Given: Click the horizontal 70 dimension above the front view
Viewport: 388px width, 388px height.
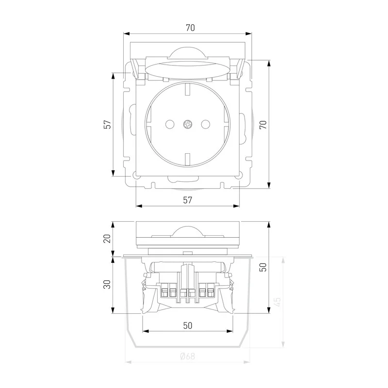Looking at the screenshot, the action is [x=190, y=28].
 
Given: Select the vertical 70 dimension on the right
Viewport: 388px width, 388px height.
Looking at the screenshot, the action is [x=263, y=125].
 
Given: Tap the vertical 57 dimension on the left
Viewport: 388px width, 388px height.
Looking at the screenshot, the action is [x=107, y=125].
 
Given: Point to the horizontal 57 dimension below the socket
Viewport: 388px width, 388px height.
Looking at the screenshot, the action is [x=188, y=200].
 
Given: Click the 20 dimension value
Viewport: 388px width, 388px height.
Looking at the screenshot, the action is [x=107, y=239].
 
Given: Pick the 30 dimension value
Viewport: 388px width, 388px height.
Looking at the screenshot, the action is [x=107, y=284].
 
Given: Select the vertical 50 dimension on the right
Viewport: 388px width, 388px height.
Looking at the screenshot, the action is [x=263, y=267].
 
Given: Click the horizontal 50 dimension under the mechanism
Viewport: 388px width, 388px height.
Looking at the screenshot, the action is [x=188, y=325].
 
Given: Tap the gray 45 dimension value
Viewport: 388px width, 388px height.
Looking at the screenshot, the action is [x=277, y=302].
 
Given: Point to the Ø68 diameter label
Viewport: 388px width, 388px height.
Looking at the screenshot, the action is [x=188, y=356].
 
